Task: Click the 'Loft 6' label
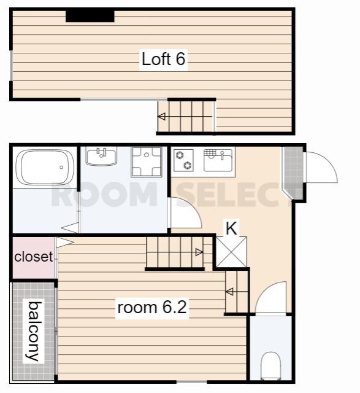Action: point(164,59)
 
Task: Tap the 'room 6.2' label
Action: point(152,307)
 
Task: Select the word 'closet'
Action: point(34,257)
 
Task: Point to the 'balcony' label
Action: point(34,331)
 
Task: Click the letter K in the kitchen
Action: point(231,228)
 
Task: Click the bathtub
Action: point(45,167)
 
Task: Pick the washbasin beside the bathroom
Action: point(101,157)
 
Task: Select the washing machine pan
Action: point(147,161)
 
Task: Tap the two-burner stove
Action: point(183,160)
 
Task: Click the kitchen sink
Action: point(218,160)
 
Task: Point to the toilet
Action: point(270,365)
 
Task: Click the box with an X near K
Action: point(231,252)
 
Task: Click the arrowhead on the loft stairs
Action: point(161,117)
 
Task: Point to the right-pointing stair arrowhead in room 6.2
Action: point(199,252)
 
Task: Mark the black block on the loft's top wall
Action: point(90,16)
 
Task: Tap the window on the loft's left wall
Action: point(11,66)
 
